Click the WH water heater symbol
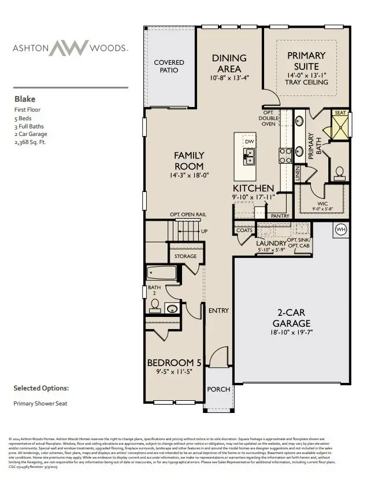point(340,230)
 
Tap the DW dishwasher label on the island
point(249,141)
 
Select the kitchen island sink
point(249,154)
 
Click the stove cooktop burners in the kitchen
point(285,154)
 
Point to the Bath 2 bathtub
point(164,272)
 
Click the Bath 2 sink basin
point(172,308)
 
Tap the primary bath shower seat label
point(340,113)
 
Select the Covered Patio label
point(169,66)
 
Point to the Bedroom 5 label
point(174,363)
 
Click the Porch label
point(218,389)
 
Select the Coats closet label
point(244,230)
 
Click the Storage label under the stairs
point(185,256)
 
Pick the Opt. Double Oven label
point(269,118)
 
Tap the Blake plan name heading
point(24,99)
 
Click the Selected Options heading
point(41,388)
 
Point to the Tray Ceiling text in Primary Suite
point(306,82)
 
